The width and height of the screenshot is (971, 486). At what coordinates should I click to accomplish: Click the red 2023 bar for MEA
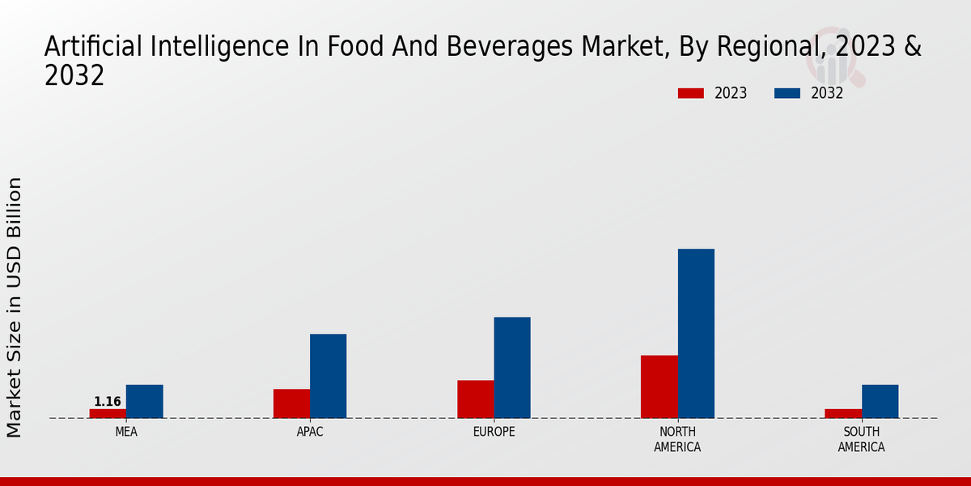pyautogui.click(x=108, y=413)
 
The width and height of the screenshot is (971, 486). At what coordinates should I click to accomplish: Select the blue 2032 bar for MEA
pyautogui.click(x=144, y=401)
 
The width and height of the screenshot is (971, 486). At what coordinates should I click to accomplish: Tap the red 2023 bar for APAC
pyautogui.click(x=291, y=403)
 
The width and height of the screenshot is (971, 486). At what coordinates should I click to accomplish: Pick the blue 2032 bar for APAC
pyautogui.click(x=328, y=376)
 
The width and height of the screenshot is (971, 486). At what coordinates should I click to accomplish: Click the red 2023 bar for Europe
pyautogui.click(x=475, y=399)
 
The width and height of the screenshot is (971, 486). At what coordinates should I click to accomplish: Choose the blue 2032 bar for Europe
pyautogui.click(x=512, y=367)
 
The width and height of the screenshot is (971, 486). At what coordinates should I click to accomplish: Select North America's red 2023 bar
pyautogui.click(x=659, y=386)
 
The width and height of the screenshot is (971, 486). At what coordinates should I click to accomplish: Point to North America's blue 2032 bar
pyautogui.click(x=696, y=333)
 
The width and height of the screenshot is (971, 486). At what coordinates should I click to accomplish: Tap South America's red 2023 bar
pyautogui.click(x=843, y=413)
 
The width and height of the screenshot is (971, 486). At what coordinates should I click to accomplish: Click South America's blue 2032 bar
pyautogui.click(x=880, y=401)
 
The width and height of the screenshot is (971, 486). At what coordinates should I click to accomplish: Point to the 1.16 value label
pyautogui.click(x=108, y=402)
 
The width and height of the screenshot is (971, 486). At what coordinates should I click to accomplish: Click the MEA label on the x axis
pyautogui.click(x=126, y=432)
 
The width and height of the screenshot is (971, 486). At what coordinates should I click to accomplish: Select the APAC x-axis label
pyautogui.click(x=310, y=432)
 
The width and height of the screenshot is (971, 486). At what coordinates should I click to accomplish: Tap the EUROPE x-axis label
pyautogui.click(x=494, y=432)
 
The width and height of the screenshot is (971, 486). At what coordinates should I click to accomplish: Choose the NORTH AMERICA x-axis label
pyautogui.click(x=677, y=439)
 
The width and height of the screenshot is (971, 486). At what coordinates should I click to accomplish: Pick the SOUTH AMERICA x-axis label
pyautogui.click(x=861, y=439)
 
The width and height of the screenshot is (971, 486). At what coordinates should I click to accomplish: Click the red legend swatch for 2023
pyautogui.click(x=691, y=93)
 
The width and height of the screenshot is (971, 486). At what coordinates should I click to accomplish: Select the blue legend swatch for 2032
pyautogui.click(x=787, y=93)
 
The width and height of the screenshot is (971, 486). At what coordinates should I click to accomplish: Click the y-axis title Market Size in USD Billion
pyautogui.click(x=15, y=308)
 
